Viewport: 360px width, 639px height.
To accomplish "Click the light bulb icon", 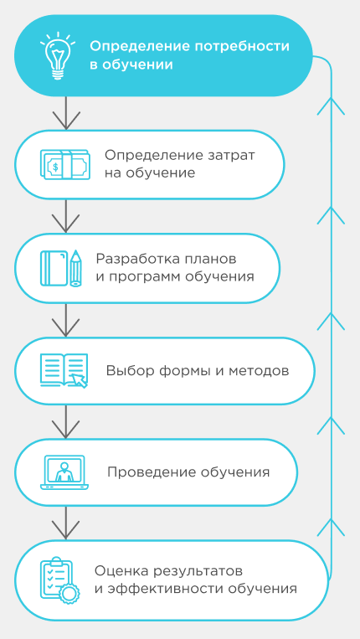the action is pyautogui.click(x=58, y=55).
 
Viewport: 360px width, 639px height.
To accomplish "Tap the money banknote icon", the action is pyautogui.click(x=64, y=165).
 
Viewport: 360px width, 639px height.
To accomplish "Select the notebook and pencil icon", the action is pyautogui.click(x=61, y=268).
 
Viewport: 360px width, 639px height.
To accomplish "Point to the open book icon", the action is pyautogui.click(x=64, y=370).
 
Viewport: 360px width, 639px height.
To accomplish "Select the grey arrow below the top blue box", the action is pyautogui.click(x=66, y=113).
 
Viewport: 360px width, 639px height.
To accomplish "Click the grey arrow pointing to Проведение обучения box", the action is pyautogui.click(x=66, y=421).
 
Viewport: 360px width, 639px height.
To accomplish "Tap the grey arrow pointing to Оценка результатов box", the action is pyautogui.click(x=66, y=523).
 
